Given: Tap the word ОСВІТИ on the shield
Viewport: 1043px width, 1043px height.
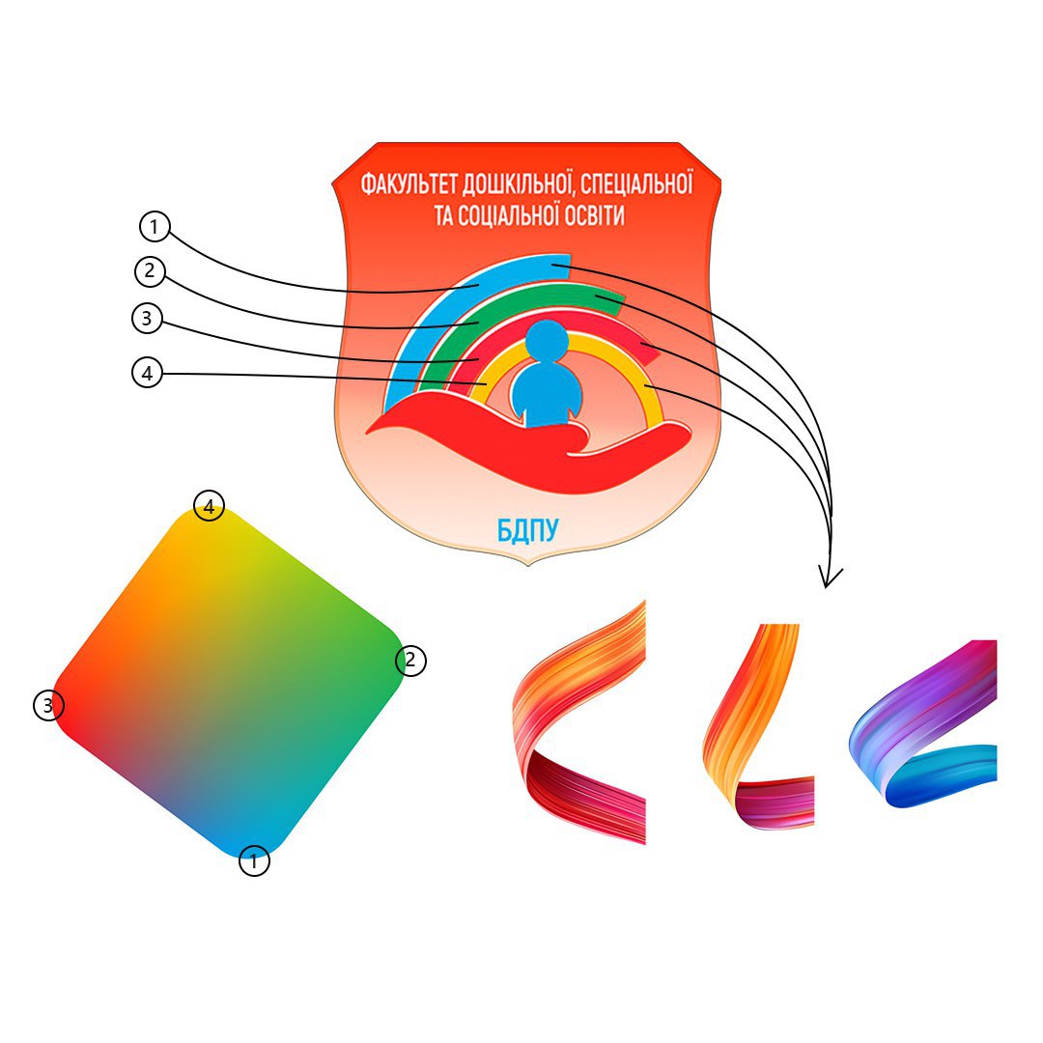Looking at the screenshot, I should [591, 215].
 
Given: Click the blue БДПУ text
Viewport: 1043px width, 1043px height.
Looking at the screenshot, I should [528, 528].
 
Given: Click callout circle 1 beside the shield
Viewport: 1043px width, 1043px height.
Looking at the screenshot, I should [155, 227].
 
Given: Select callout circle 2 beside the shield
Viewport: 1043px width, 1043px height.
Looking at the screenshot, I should [150, 271].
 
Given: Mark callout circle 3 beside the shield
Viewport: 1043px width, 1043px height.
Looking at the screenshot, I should [146, 320].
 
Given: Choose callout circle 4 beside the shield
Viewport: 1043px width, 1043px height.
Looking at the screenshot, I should [146, 374].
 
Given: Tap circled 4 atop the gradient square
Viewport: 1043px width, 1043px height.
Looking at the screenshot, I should [209, 505].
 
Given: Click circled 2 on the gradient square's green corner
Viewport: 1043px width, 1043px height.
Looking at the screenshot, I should [410, 661].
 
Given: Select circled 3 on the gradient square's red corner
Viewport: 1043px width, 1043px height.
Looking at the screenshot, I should [48, 706].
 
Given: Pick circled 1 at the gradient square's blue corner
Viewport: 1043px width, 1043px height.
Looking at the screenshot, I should [254, 860].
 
